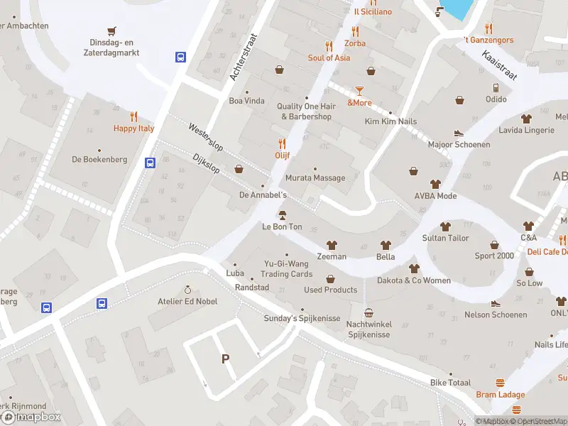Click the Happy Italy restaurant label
click(x=133, y=129)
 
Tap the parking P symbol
click(x=226, y=359)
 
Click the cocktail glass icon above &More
click(x=359, y=90)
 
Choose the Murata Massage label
click(x=315, y=178)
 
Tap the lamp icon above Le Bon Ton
click(x=282, y=215)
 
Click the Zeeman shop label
click(x=332, y=256)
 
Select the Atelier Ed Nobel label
click(x=187, y=301)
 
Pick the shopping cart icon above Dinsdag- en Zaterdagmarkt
click(x=111, y=31)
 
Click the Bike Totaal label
click(x=450, y=383)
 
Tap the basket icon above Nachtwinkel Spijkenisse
click(x=368, y=312)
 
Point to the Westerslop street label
click(x=205, y=137)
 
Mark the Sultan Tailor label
click(x=445, y=238)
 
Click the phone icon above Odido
click(x=496, y=88)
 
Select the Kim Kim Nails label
click(x=390, y=121)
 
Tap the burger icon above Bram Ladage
click(x=501, y=383)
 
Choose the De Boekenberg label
click(x=99, y=160)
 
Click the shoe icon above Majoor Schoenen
click(x=459, y=133)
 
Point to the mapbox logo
click(x=31, y=417)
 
